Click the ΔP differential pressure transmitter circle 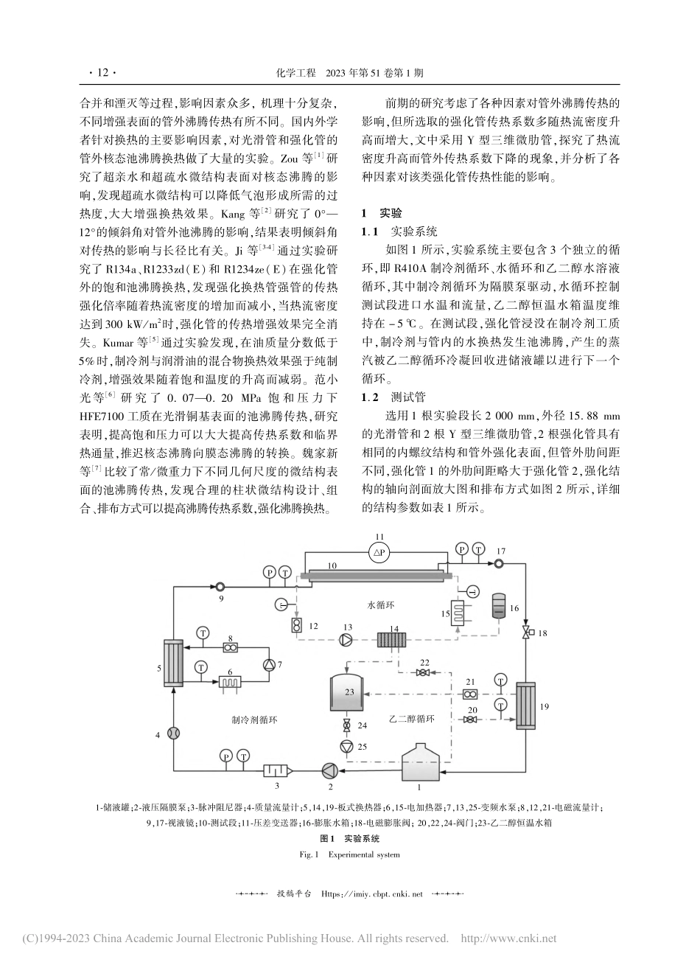coord(379,551)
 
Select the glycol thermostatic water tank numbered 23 coord(349,691)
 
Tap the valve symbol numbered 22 coord(423,672)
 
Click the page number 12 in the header coord(102,73)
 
